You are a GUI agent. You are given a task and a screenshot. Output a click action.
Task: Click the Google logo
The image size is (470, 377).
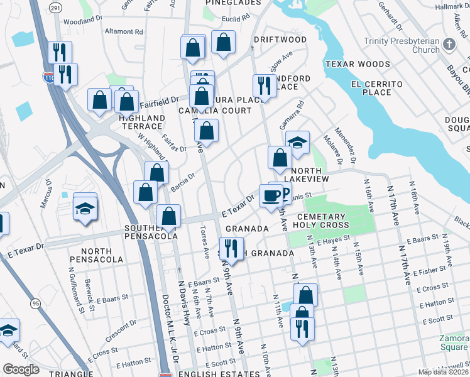[21, 369]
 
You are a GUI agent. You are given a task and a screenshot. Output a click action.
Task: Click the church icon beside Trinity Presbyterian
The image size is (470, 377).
[449, 45]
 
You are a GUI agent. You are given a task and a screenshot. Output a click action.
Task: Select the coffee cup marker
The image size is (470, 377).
[271, 197]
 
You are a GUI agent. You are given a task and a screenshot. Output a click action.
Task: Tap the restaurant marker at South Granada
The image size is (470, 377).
[231, 248]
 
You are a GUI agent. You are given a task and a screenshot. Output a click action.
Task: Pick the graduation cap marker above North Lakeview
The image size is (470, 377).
[297, 143]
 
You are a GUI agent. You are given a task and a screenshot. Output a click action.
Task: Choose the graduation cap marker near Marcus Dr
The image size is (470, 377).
[85, 209]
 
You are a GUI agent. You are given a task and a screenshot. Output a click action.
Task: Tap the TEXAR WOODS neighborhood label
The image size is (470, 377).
[357, 64]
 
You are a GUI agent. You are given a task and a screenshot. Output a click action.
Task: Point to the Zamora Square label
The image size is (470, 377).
[453, 342]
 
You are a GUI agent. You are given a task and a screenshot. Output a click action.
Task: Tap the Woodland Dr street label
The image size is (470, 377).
[82, 21]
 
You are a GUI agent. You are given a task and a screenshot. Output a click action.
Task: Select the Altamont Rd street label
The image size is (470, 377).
[124, 31]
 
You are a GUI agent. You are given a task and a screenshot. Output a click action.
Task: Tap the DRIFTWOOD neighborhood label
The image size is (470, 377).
[280, 40]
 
